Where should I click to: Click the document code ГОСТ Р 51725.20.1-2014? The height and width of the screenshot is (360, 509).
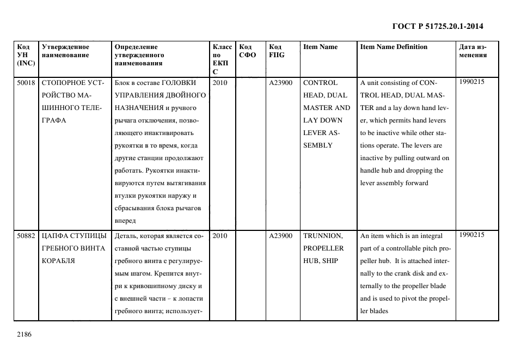click(x=438, y=26)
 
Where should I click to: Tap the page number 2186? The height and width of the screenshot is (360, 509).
click(x=24, y=334)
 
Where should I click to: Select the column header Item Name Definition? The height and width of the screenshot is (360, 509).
click(x=394, y=47)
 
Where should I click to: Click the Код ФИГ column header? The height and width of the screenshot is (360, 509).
click(x=276, y=51)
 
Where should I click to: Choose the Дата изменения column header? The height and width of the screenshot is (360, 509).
click(x=473, y=51)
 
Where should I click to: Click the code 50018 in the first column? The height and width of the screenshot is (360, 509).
click(x=26, y=83)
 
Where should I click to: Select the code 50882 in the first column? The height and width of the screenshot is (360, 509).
click(x=26, y=236)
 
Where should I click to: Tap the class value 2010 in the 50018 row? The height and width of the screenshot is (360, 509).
click(x=220, y=83)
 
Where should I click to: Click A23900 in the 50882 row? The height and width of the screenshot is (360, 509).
click(x=280, y=236)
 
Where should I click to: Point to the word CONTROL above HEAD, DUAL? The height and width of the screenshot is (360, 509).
click(x=320, y=83)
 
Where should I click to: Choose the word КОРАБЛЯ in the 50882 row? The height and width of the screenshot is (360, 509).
click(x=58, y=261)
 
